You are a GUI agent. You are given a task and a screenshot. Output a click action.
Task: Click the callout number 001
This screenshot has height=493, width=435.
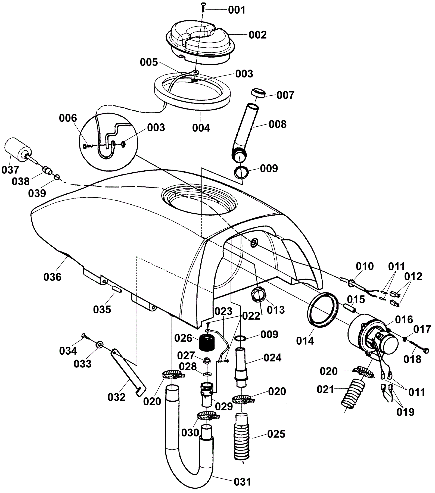237,10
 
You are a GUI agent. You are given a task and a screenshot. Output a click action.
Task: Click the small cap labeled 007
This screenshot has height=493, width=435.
258,93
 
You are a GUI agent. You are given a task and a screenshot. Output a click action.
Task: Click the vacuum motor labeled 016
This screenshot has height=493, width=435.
372,337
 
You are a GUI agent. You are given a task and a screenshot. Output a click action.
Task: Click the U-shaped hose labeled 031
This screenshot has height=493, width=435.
188,457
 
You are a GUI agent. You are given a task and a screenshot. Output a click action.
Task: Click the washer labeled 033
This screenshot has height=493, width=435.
99,345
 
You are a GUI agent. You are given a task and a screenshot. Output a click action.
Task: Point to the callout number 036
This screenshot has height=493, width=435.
52,277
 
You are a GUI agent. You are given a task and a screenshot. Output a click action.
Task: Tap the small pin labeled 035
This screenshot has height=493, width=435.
116,290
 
